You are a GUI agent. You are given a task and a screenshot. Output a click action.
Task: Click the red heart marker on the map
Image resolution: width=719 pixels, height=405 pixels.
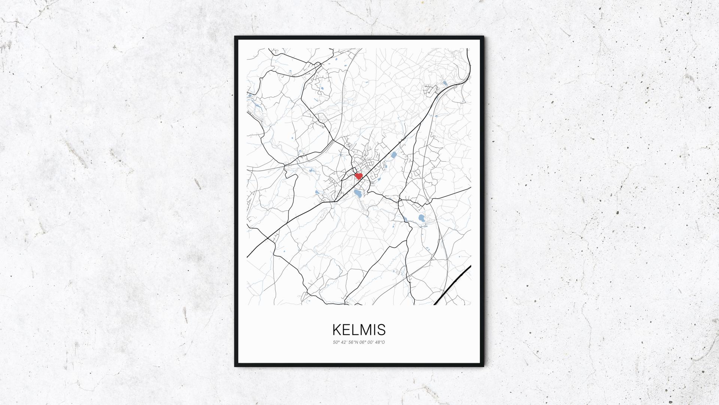click(x=359, y=175)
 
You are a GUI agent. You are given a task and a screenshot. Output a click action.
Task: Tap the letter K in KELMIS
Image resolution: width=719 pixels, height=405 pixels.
click(x=337, y=330)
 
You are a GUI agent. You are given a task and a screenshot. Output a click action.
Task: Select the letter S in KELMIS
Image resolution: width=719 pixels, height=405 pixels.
click(x=382, y=330)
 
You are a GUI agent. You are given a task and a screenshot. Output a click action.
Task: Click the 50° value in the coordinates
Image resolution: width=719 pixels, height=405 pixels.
click(x=335, y=342)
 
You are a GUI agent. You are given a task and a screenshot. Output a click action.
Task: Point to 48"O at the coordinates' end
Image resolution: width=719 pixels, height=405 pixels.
click(x=380, y=342)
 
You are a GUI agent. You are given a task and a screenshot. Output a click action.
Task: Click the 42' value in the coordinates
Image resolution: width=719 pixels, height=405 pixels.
click(x=344, y=342)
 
